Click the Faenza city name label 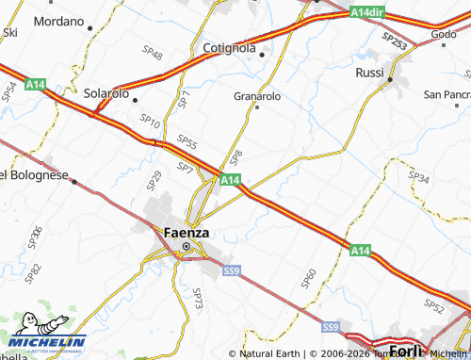(x=186, y=232)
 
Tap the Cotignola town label (x=228, y=47)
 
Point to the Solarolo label (x=106, y=94)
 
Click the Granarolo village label (x=257, y=95)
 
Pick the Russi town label (x=369, y=73)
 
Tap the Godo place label (x=444, y=34)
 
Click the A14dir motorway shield (x=367, y=12)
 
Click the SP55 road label (x=187, y=142)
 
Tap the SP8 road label (x=236, y=154)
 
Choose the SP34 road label (x=418, y=177)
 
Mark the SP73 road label (x=198, y=299)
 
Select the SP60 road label (x=308, y=277)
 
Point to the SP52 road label (x=434, y=305)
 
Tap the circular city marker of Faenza (x=186, y=247)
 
